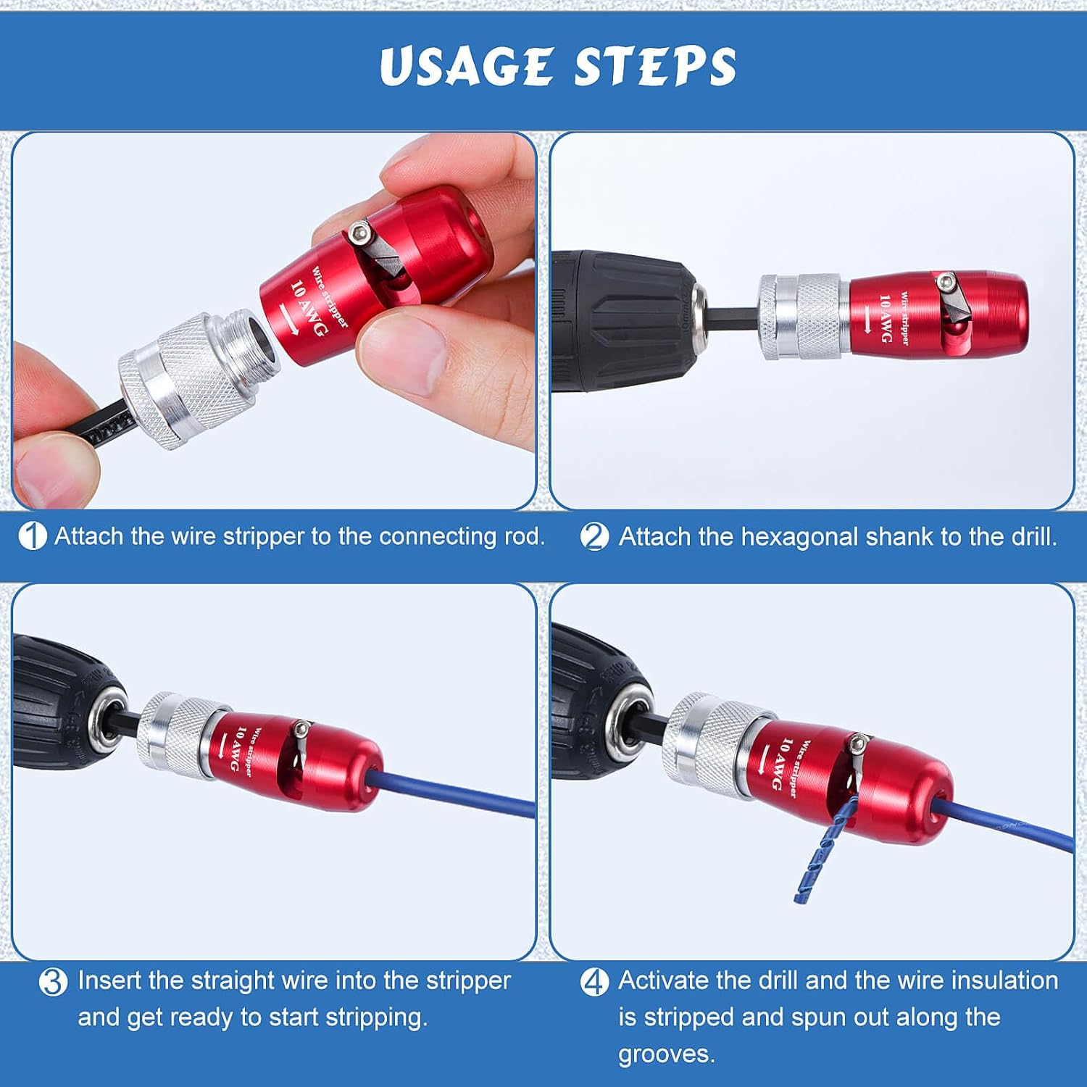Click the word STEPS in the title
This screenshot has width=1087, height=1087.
pyautogui.click(x=655, y=67)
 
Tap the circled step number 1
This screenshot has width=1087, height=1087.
pyautogui.click(x=32, y=536)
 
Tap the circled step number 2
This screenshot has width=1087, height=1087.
pyautogui.click(x=595, y=537)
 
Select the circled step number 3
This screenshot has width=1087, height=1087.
pyautogui.click(x=53, y=982)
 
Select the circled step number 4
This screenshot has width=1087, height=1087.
pyautogui.click(x=595, y=982)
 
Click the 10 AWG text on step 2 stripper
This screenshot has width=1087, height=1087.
pyautogui.click(x=886, y=317)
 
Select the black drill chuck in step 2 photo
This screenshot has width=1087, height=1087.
pyautogui.click(x=623, y=319)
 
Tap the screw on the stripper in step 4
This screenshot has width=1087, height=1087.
pyautogui.click(x=859, y=743)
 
